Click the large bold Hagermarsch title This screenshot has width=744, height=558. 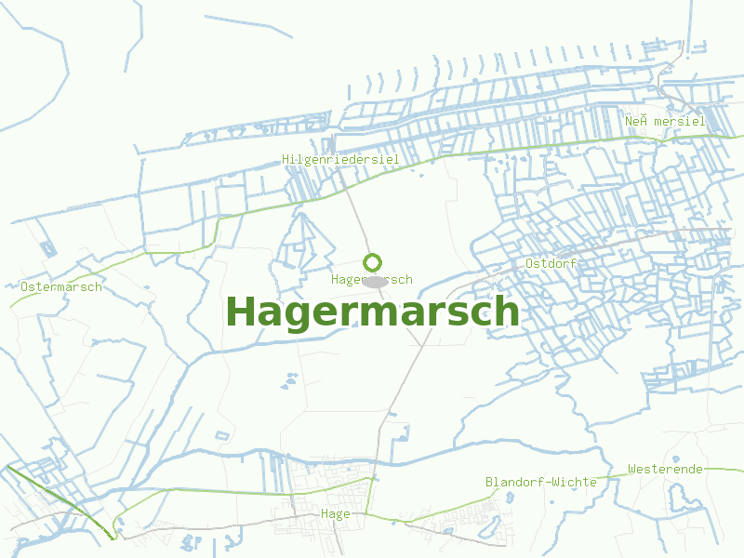point(372,312)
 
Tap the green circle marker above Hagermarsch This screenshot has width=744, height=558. point(372,262)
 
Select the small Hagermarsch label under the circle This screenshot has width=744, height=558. point(371,279)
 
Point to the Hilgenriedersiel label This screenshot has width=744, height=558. point(340,160)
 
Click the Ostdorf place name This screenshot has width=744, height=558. point(551,263)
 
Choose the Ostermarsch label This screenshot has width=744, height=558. point(60,286)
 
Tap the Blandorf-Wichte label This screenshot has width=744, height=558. point(541,482)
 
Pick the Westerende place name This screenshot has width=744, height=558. point(665,469)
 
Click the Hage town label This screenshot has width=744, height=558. point(335,513)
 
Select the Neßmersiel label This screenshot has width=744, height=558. point(665,121)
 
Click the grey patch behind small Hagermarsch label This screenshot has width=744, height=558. point(375,280)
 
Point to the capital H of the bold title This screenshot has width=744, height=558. point(241,311)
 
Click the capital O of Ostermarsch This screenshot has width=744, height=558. point(24,286)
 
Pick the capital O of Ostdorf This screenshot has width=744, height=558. point(529,263)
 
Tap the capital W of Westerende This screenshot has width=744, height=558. point(632,469)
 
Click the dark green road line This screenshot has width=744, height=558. point(56,498)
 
